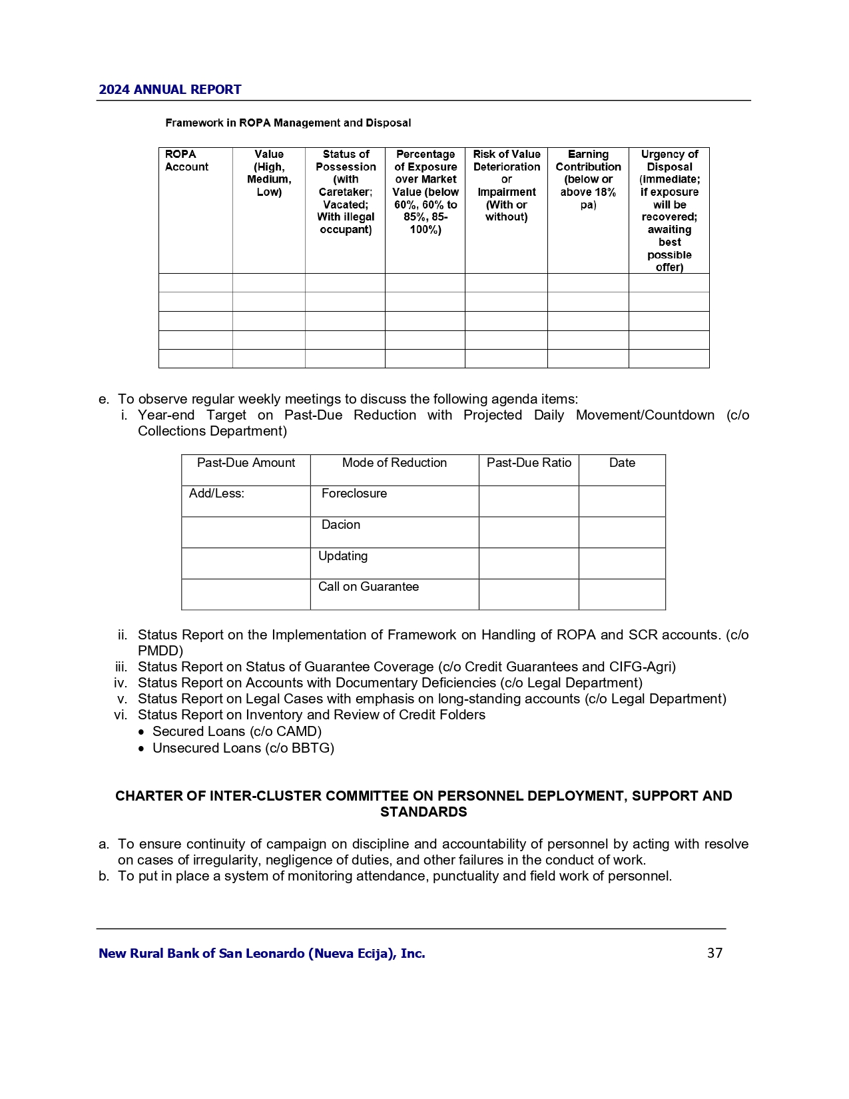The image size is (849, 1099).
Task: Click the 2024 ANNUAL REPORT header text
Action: (x=170, y=89)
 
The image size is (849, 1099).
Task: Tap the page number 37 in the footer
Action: (x=714, y=953)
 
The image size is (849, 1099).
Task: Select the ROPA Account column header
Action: (x=186, y=161)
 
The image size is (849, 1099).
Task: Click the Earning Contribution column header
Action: (x=588, y=179)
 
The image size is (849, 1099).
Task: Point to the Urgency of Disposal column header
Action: (x=669, y=210)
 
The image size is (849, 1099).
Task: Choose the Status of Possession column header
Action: (x=346, y=192)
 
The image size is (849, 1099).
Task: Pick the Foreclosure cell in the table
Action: (x=354, y=494)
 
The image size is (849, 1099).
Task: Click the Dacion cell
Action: (x=341, y=525)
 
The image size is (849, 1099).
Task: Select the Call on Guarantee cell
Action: (x=368, y=587)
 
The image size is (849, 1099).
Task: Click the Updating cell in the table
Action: (x=343, y=556)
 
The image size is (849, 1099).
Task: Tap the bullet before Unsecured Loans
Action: (x=141, y=749)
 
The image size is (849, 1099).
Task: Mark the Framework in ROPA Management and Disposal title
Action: (x=288, y=123)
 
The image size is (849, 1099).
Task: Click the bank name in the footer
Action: (x=262, y=953)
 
